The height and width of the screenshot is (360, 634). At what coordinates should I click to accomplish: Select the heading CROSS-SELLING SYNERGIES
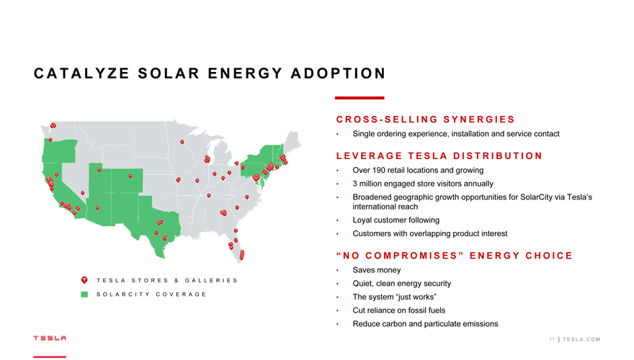(425, 120)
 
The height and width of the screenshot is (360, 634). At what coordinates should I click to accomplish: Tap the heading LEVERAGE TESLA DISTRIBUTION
(439, 156)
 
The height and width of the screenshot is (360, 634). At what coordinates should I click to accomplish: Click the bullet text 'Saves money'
(376, 270)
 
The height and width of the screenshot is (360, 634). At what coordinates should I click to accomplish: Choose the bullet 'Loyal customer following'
(396, 220)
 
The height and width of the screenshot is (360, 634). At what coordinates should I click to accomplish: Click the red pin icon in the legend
(84, 280)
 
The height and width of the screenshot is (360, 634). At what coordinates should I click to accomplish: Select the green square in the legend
(84, 294)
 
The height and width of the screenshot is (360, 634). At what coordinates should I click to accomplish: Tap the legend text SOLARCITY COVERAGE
(151, 294)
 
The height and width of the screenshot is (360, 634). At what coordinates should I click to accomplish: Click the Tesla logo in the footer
(50, 338)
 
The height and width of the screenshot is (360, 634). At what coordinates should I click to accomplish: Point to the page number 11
(552, 339)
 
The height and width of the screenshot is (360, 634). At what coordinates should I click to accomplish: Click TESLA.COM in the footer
(581, 339)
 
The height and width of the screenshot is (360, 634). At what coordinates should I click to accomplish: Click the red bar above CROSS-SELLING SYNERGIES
(360, 98)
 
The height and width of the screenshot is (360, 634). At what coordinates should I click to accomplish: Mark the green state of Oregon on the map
(60, 150)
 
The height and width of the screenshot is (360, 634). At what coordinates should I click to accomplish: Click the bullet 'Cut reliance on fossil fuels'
(398, 310)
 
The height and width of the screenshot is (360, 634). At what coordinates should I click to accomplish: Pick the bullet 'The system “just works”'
(394, 297)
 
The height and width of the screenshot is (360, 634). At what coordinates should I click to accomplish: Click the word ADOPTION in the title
(338, 73)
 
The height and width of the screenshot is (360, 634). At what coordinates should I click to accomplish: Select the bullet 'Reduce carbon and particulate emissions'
(425, 324)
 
